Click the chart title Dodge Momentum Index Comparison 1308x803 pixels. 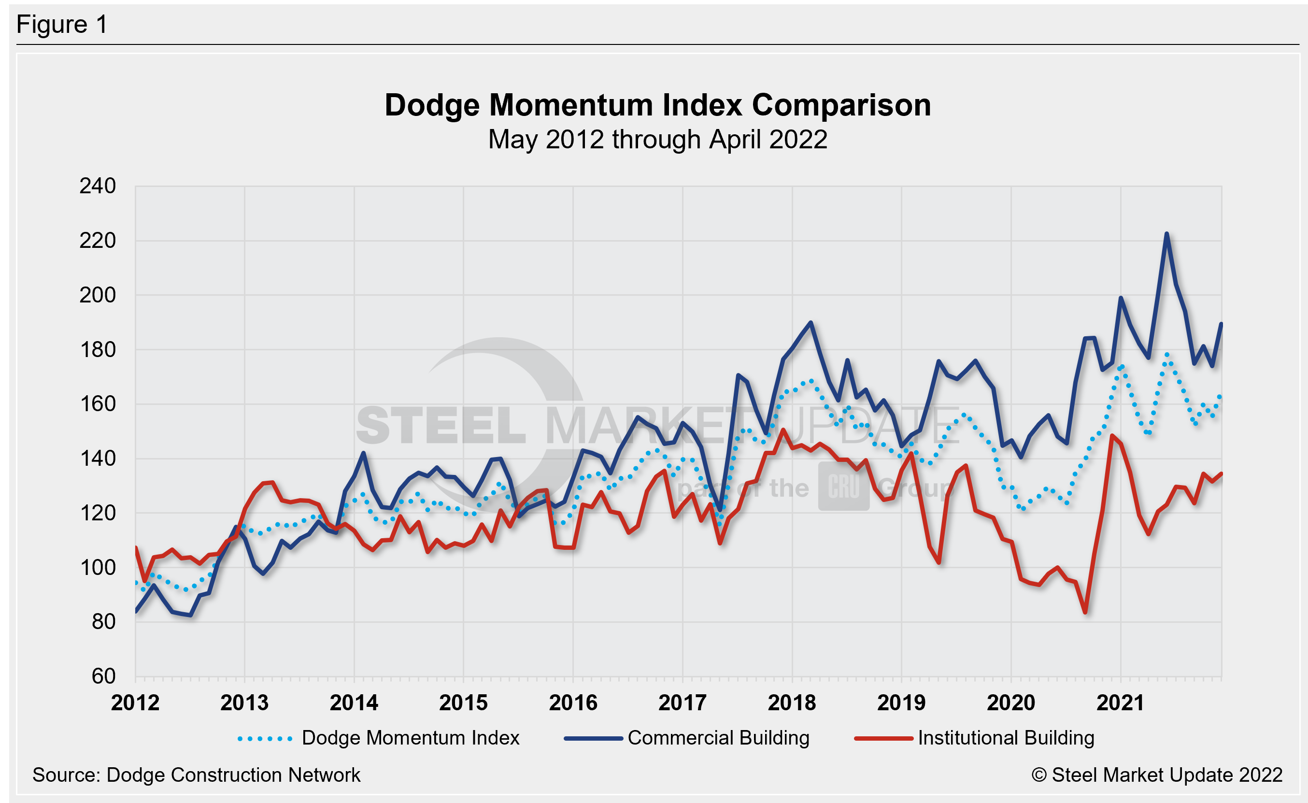pyautogui.click(x=657, y=105)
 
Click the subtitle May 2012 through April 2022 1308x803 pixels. pyautogui.click(x=657, y=140)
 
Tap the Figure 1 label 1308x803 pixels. pyautogui.click(x=62, y=25)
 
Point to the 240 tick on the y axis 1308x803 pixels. pyautogui.click(x=98, y=186)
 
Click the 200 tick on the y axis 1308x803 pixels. pyautogui.click(x=98, y=295)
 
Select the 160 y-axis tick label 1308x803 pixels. pyautogui.click(x=98, y=404)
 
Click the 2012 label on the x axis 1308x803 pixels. pyautogui.click(x=135, y=703)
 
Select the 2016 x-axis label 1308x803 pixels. pyautogui.click(x=573, y=703)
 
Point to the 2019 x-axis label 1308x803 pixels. pyautogui.click(x=901, y=703)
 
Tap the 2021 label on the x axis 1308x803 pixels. pyautogui.click(x=1120, y=703)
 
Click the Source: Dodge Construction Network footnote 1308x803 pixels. pyautogui.click(x=197, y=775)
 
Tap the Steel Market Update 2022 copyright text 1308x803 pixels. pyautogui.click(x=1157, y=775)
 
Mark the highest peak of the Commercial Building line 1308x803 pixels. pyautogui.click(x=1166, y=234)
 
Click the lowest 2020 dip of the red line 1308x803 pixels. pyautogui.click(x=1085, y=612)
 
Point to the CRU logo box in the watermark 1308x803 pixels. pyautogui.click(x=843, y=487)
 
